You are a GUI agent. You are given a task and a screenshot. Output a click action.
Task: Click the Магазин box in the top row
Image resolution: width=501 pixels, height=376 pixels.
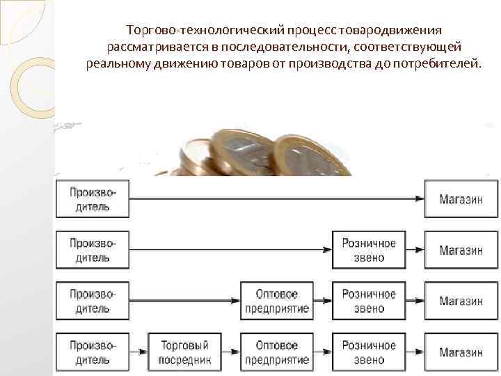(461, 199)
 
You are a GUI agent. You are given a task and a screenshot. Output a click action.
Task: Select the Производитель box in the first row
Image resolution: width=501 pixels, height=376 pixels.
(93, 199)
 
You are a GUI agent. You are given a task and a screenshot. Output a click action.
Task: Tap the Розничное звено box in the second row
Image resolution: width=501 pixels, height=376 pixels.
(369, 250)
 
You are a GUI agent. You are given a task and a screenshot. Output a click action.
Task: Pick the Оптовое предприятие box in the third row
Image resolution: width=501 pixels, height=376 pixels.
(277, 301)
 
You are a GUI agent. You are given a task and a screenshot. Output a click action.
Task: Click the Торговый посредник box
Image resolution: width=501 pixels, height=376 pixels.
(184, 352)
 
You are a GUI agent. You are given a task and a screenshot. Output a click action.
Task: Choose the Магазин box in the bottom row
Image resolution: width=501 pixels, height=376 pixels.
(461, 352)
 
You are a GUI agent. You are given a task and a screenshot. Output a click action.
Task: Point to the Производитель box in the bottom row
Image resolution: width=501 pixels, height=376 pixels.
(93, 352)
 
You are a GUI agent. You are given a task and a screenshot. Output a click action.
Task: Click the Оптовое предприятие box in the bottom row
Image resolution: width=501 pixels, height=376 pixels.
(277, 352)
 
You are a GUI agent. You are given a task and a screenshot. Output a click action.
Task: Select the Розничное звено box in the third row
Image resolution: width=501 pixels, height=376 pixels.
(369, 301)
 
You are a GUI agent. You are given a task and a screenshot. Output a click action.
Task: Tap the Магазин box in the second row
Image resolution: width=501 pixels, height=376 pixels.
(461, 250)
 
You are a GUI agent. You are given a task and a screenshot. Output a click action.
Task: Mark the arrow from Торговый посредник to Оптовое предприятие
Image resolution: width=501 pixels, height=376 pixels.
(230, 352)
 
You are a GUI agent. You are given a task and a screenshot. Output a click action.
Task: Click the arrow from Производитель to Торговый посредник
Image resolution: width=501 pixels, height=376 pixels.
(138, 352)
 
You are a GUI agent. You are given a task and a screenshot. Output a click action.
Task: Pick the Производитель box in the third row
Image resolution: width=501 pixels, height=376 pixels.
(93, 301)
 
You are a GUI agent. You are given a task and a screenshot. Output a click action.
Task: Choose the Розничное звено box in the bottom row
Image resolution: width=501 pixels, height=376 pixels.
(369, 352)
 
